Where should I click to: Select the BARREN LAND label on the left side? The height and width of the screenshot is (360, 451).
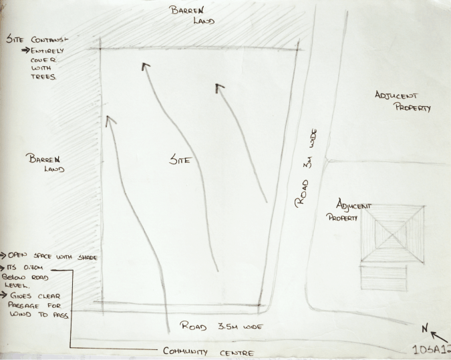[45, 164]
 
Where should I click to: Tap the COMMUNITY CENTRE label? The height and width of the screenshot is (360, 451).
[208, 351]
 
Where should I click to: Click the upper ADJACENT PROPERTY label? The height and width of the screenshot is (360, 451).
[402, 101]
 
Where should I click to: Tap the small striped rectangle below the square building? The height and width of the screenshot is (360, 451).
[383, 277]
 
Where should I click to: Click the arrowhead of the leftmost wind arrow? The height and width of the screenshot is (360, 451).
[108, 120]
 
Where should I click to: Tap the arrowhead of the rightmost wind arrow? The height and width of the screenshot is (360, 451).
[219, 87]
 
